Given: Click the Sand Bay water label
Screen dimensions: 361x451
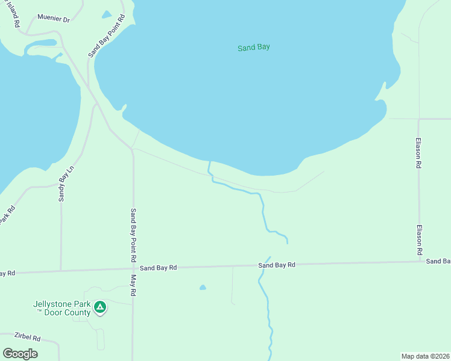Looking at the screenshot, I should [254, 47].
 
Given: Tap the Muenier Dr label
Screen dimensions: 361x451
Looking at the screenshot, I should [54, 19].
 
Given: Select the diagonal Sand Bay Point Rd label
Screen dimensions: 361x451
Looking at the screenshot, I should [106, 36].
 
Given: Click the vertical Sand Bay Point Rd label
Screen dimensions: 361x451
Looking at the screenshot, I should [133, 234].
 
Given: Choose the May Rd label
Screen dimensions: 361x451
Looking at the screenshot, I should [134, 285].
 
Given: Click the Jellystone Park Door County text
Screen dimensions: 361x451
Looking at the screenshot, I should [61, 308].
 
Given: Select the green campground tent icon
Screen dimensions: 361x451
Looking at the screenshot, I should [100, 308].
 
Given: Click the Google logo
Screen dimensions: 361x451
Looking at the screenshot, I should [20, 354].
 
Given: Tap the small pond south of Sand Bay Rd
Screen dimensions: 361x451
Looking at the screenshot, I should [203, 288].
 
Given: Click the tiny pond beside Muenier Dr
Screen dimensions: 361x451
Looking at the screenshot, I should [107, 14].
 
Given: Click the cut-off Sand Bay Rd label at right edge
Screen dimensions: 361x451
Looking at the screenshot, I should [438, 261].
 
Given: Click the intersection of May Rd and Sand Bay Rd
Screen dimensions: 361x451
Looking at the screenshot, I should [133, 268].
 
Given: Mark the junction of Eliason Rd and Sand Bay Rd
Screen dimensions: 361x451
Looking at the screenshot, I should [419, 262].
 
